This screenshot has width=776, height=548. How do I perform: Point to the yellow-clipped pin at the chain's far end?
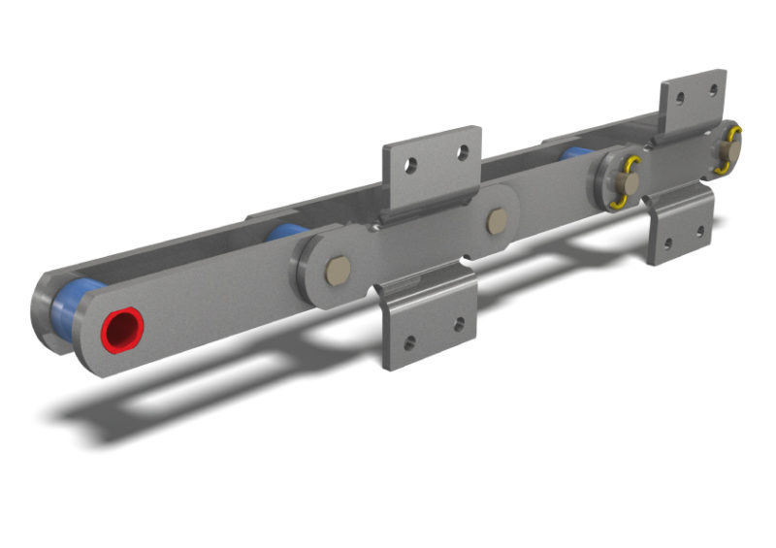[x=729, y=150]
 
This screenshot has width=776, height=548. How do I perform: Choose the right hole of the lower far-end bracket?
[x=699, y=231]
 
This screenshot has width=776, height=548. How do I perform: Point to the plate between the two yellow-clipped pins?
[x=679, y=165]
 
